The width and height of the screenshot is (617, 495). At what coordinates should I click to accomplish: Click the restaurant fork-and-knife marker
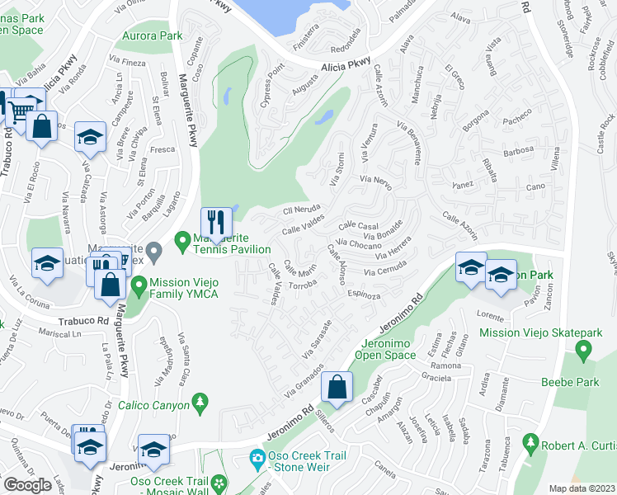[216, 223]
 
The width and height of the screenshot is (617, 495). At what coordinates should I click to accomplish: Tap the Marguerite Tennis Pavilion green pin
[183, 243]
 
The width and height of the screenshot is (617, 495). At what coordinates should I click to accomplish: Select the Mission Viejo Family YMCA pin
[139, 285]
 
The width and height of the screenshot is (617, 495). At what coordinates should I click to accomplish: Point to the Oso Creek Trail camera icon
[257, 458]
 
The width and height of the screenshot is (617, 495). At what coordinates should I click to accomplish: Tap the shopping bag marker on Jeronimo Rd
[337, 387]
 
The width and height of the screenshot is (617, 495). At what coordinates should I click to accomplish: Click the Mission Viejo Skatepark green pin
[585, 351]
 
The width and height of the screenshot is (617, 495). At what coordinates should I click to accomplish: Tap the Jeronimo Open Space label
[385, 349]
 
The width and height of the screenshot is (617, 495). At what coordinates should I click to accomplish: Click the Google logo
[27, 485]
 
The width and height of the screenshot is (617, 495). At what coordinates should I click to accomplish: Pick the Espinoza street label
[363, 294]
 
